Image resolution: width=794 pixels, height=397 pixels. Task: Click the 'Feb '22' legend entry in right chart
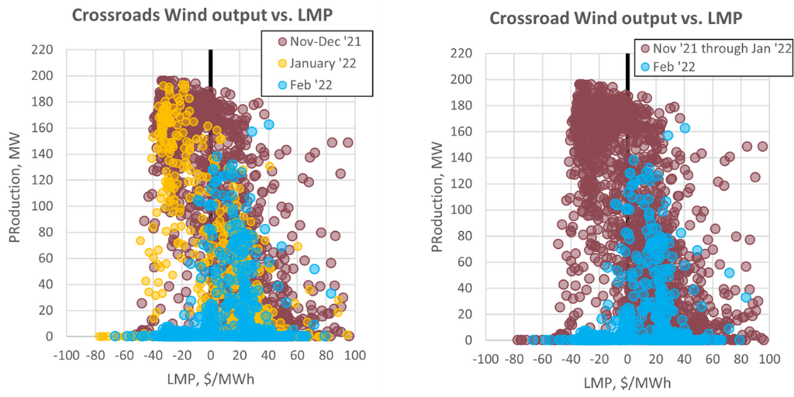(673, 67)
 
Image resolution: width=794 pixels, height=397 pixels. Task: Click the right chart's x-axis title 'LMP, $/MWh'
(627, 383)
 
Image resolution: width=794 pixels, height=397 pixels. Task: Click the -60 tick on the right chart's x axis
(541, 359)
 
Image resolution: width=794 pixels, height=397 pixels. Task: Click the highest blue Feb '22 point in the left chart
(269, 124)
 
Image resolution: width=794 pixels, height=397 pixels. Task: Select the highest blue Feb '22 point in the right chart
(685, 128)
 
